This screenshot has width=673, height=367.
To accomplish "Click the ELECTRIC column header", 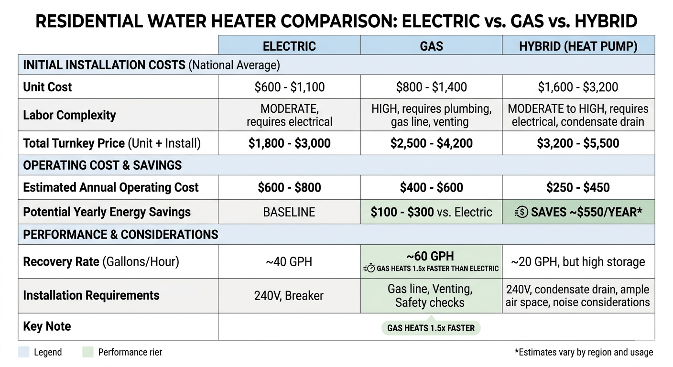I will [x=289, y=46].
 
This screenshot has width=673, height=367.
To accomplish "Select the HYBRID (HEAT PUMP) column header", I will [x=578, y=46].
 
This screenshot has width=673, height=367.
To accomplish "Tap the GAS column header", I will [x=431, y=46].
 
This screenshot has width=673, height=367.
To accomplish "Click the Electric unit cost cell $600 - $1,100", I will [x=289, y=87].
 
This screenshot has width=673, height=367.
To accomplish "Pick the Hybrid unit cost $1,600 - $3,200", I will [x=578, y=87].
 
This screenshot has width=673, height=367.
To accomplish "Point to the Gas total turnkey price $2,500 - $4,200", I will [x=431, y=143].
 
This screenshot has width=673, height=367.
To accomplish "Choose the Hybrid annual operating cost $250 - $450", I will [x=578, y=187].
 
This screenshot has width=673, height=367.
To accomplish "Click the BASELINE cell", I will [x=289, y=212].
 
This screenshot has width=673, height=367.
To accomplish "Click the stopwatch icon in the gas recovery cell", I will [x=369, y=269].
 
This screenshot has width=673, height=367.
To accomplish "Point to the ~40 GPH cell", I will [x=289, y=262].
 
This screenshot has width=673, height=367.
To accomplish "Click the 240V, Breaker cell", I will [x=289, y=296].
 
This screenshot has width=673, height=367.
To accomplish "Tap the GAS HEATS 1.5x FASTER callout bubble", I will [x=431, y=328].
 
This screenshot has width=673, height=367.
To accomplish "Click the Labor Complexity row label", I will [x=69, y=115].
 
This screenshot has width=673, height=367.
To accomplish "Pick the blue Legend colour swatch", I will [x=24, y=352].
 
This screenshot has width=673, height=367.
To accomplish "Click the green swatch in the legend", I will [x=88, y=352].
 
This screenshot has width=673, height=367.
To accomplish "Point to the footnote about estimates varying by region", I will [x=584, y=352].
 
